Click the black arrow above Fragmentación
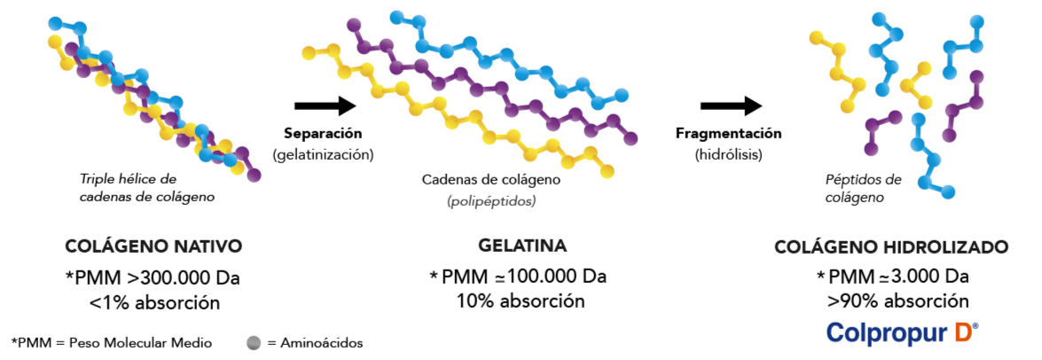(731, 105)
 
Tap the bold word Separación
(323, 134)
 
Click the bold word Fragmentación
(729, 134)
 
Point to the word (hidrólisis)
(728, 155)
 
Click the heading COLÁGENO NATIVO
(153, 247)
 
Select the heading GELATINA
(522, 246)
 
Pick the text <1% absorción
(154, 303)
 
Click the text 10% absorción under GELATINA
(521, 301)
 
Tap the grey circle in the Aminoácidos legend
(253, 343)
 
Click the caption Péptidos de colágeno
(863, 188)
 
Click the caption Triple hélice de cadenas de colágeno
(147, 188)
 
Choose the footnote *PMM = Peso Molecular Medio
(112, 343)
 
